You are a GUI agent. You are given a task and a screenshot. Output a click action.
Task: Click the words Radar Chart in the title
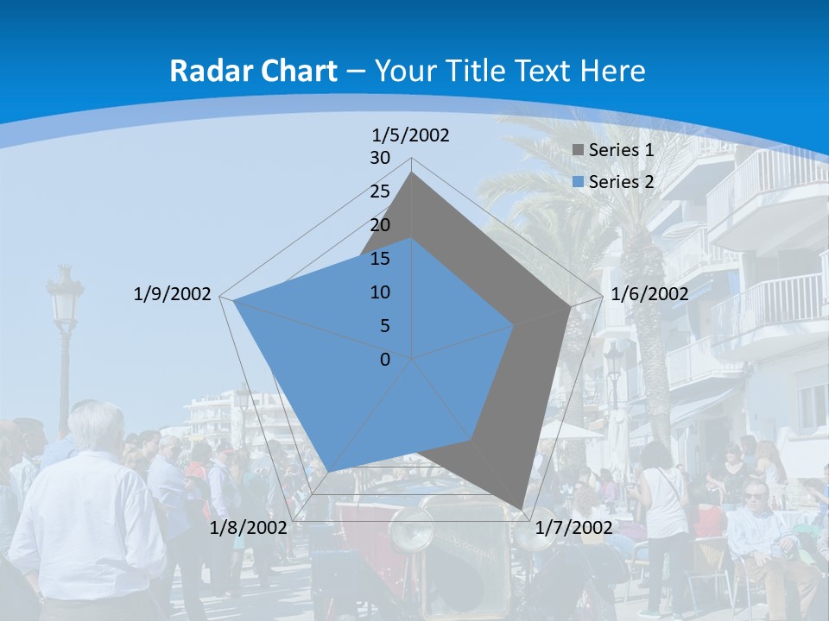tap(253, 71)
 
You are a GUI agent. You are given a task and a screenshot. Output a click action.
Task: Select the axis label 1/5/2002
tap(410, 135)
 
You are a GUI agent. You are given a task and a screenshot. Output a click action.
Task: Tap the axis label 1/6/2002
tap(649, 294)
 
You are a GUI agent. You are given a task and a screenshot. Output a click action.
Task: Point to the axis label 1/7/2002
tap(573, 528)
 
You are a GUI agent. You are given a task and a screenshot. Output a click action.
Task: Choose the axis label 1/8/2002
tap(249, 528)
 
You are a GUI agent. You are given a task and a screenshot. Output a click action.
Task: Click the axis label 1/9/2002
tap(172, 294)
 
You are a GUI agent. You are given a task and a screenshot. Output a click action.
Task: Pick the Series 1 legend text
tap(621, 150)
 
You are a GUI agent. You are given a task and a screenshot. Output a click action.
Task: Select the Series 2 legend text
tap(621, 182)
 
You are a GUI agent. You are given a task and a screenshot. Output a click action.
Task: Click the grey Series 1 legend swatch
tap(579, 150)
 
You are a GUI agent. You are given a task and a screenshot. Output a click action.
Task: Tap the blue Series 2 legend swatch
tap(579, 182)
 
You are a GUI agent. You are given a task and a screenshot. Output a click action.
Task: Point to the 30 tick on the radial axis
tap(380, 158)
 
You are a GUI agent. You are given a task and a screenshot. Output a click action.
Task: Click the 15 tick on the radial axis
tap(380, 259)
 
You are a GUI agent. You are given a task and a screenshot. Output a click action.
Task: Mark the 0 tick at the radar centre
tap(385, 360)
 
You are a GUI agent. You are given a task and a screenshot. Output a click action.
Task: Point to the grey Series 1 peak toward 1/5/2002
tap(412, 173)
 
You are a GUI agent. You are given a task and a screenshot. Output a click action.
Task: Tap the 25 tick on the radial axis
tap(380, 191)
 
